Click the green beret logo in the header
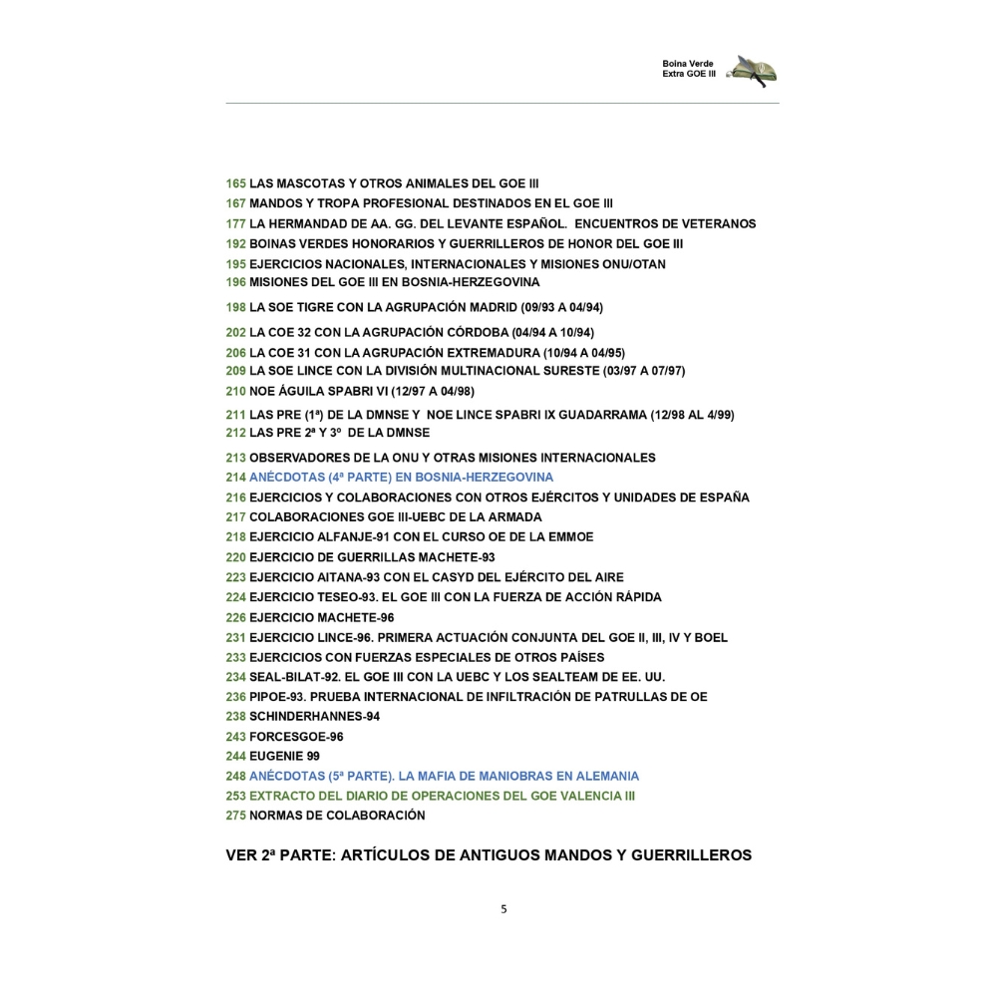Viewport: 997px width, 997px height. click(754, 70)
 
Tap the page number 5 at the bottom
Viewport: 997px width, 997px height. click(503, 908)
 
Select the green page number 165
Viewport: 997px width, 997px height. click(236, 183)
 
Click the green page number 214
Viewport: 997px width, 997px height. click(236, 478)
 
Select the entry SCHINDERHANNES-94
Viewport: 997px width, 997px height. click(314, 716)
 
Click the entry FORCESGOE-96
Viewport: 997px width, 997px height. click(296, 736)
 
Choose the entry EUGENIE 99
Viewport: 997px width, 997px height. click(284, 756)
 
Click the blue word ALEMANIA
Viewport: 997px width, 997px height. click(603, 776)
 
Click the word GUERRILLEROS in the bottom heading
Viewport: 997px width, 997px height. click(691, 855)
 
